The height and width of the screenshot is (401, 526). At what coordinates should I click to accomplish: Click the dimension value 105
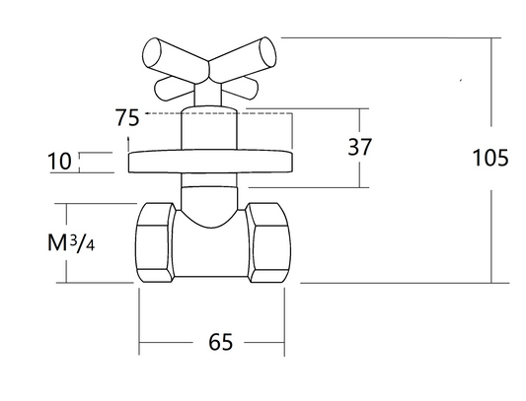coord(490,158)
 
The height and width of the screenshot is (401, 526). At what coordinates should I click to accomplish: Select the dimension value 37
coord(359,147)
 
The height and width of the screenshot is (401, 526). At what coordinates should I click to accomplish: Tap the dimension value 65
coord(220,342)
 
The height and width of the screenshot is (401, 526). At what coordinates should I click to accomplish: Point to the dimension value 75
coord(127,117)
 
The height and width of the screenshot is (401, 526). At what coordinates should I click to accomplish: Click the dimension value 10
coord(60,162)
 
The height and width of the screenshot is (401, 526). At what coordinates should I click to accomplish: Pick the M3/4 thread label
coord(71,242)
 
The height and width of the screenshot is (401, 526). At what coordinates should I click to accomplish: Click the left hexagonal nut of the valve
coord(155,242)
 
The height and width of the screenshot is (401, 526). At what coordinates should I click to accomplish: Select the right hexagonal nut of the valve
coord(268,242)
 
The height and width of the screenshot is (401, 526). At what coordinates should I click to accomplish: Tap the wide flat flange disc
coord(210,162)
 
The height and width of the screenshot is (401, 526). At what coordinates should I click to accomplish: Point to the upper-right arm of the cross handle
coord(243,60)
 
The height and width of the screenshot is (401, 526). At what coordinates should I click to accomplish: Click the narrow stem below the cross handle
coord(207,95)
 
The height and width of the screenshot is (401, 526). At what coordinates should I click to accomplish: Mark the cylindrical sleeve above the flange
coord(209,129)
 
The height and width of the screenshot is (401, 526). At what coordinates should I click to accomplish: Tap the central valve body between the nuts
coord(210,252)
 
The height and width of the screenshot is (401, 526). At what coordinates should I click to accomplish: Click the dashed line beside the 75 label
coord(219,113)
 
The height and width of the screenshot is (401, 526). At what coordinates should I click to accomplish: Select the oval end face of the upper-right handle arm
coord(267,52)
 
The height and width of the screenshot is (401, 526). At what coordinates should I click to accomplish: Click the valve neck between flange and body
coord(209,198)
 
